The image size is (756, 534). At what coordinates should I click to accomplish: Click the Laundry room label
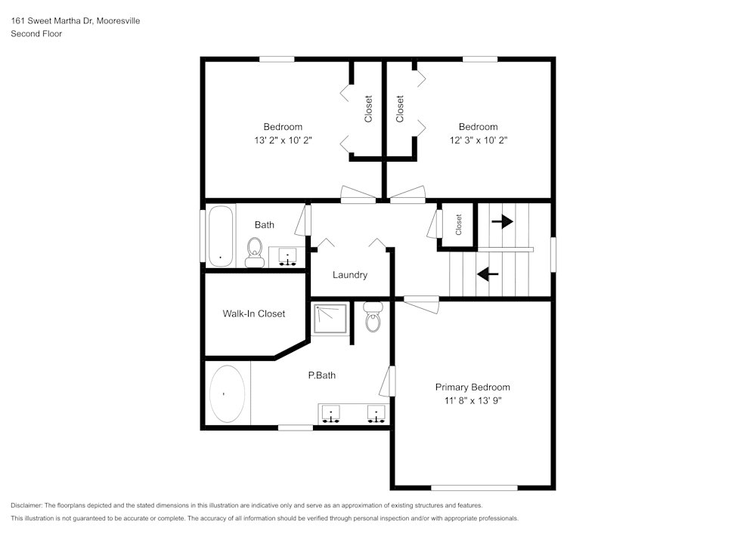350,275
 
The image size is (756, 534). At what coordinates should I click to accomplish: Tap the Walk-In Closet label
253,313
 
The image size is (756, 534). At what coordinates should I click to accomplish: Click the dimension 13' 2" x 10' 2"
283,140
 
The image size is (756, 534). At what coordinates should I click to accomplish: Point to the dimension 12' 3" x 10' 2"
478,140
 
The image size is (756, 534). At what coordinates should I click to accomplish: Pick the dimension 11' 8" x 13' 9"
472,401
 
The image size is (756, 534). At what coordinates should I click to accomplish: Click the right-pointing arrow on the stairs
502,222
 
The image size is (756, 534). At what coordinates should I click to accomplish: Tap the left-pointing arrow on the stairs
488,274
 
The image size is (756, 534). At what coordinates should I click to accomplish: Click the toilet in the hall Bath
254,250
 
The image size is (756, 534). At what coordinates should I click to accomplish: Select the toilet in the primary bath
372,318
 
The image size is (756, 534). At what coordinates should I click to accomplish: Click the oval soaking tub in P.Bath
227,394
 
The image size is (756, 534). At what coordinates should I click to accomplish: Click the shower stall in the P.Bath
331,320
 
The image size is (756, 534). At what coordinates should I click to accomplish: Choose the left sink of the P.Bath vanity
331,413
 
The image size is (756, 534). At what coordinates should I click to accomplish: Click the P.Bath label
321,375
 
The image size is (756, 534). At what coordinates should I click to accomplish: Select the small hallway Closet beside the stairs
458,224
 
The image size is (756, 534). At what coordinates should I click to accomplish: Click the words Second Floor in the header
36,34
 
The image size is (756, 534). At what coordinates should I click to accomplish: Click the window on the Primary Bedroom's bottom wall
474,488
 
